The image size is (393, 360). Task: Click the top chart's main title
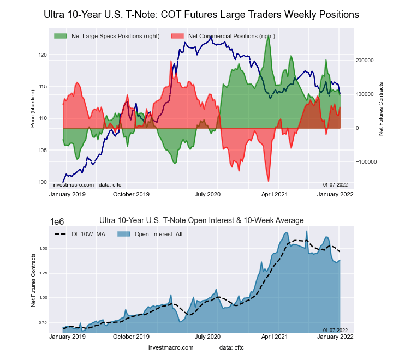tap(201, 15)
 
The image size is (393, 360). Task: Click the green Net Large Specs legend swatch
tap(61, 36)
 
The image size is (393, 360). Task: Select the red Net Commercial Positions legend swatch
tap(177, 36)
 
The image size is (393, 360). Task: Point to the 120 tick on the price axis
tap(43, 55)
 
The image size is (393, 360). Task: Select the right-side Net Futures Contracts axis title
tap(381, 109)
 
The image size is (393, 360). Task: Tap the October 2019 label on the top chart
tap(131, 194)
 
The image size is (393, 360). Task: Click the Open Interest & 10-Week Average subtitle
tap(201, 220)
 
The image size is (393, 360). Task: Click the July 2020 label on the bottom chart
tap(207, 337)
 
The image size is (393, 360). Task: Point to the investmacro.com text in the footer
tap(171, 347)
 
